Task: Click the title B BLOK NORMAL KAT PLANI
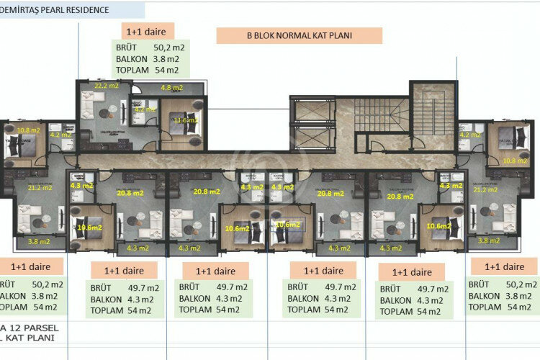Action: (300, 36)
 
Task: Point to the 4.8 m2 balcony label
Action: (171, 89)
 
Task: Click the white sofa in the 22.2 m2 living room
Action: (90, 115)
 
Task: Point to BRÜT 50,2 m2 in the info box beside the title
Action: (150, 47)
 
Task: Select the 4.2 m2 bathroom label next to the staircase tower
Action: (470, 135)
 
